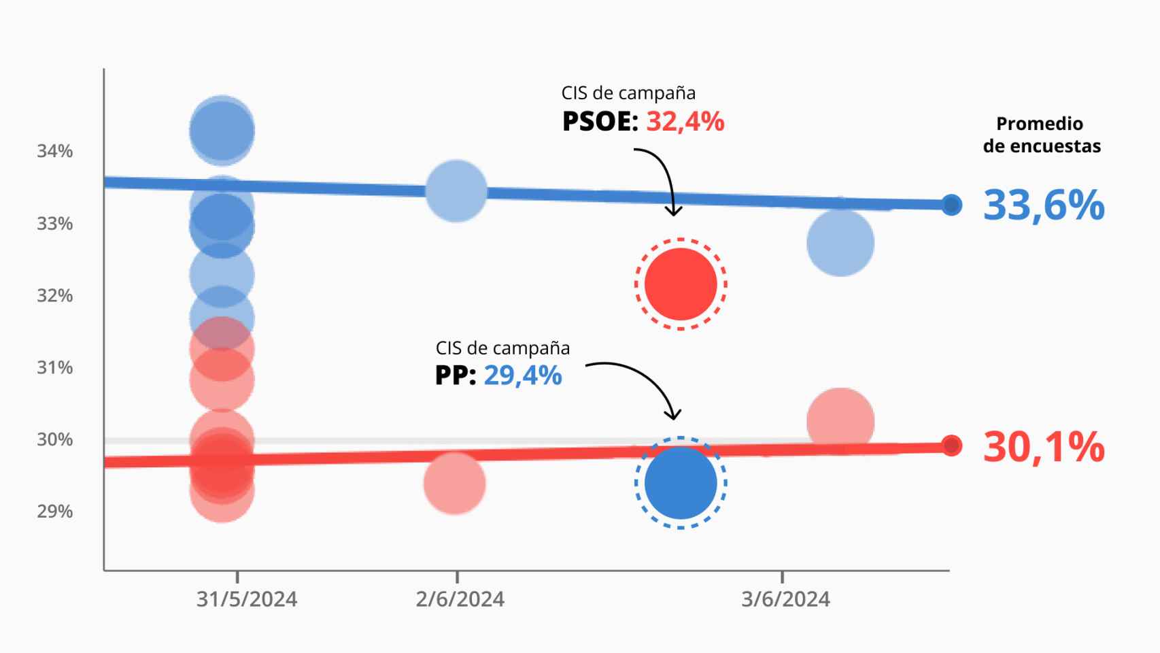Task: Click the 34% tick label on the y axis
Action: (x=54, y=151)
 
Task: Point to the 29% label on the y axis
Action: (x=54, y=512)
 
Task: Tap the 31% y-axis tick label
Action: (x=54, y=368)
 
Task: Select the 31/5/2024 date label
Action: (x=247, y=599)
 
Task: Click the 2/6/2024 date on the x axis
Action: (x=460, y=599)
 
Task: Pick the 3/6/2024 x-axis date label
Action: (x=785, y=599)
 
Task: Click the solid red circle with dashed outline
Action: (x=681, y=284)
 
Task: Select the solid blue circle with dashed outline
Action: (x=681, y=483)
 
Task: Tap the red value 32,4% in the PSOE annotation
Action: (x=685, y=122)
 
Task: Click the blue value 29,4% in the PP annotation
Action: (x=522, y=375)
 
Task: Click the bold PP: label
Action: (x=456, y=375)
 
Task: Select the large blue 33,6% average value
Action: (x=1043, y=205)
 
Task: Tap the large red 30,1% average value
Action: (x=1043, y=448)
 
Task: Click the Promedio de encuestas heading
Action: (x=1041, y=135)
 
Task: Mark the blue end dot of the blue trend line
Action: (x=952, y=205)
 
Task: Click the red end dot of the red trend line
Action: (x=952, y=446)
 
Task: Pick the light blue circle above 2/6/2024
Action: (x=456, y=191)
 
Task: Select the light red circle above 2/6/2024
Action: (x=454, y=484)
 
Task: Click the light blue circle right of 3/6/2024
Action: (x=840, y=243)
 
